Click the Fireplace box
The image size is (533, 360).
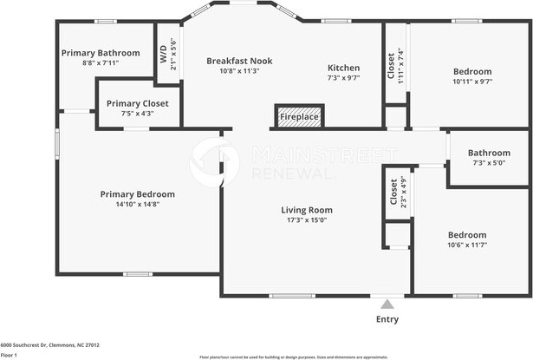(x=299, y=116)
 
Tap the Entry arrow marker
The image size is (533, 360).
(x=387, y=304)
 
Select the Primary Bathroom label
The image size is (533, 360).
(x=101, y=53)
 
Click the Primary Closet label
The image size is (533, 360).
(x=136, y=103)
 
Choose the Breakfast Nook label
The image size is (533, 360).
(x=239, y=61)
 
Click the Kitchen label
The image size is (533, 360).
(x=343, y=68)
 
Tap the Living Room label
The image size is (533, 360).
(x=307, y=210)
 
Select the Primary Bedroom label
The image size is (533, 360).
(x=137, y=194)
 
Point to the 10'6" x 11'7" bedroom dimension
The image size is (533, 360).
(x=466, y=245)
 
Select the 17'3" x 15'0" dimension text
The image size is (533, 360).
(x=307, y=219)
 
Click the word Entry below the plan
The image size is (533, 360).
(x=387, y=319)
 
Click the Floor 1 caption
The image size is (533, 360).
(x=9, y=355)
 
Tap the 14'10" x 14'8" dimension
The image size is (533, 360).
(x=137, y=204)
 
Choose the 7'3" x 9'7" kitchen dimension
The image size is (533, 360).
(x=343, y=77)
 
